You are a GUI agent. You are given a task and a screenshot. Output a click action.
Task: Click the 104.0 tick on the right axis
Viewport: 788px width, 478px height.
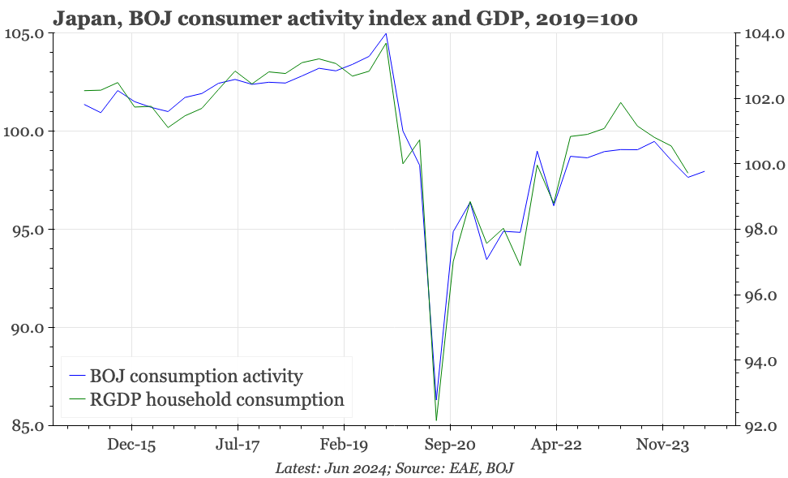tap(760, 33)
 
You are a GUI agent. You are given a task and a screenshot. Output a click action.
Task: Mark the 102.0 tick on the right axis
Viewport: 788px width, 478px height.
tap(760, 99)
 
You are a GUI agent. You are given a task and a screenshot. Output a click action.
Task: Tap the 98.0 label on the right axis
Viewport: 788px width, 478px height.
tap(760, 230)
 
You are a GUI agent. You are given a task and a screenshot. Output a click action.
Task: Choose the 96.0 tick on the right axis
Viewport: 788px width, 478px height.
tap(760, 295)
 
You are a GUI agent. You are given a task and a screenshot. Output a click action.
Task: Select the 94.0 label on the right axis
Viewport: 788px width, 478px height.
tap(760, 361)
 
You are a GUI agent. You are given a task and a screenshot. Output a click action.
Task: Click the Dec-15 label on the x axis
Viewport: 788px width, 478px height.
tap(131, 446)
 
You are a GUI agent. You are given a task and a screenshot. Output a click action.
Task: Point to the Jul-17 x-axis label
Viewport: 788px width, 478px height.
tap(238, 446)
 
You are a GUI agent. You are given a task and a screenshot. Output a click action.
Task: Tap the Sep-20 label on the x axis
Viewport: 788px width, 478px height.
tap(450, 446)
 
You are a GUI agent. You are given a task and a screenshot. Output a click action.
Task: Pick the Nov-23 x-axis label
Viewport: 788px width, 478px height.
tap(662, 446)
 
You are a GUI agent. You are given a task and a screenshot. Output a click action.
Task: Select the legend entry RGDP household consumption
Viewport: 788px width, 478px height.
tap(216, 399)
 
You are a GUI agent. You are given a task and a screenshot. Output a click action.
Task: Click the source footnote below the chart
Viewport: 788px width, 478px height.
tap(394, 468)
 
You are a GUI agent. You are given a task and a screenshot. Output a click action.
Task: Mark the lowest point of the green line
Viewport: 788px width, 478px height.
tap(436, 420)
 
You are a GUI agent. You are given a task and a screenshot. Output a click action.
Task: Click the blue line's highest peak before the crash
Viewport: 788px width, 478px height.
tap(386, 34)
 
